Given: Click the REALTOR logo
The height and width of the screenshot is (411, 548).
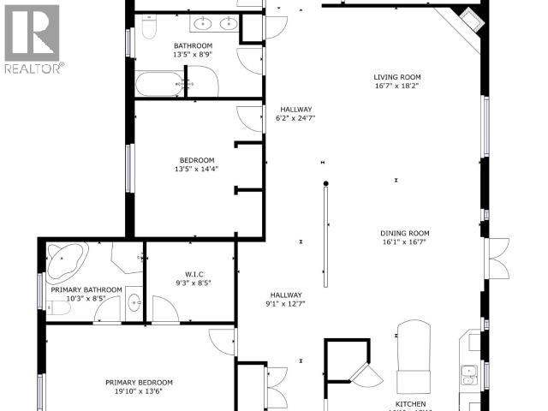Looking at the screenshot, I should pyautogui.click(x=32, y=39).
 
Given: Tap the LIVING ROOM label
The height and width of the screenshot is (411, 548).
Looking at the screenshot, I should pyautogui.click(x=396, y=76).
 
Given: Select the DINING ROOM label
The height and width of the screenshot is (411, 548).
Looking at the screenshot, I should pyautogui.click(x=405, y=233).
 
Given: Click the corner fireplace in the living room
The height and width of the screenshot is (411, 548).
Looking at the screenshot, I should pyautogui.click(x=462, y=18).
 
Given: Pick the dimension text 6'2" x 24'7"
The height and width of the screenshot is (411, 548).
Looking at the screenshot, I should pyautogui.click(x=295, y=119).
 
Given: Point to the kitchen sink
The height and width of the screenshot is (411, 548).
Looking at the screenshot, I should pyautogui.click(x=469, y=373).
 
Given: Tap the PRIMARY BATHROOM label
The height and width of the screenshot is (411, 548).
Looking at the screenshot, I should pyautogui.click(x=86, y=289).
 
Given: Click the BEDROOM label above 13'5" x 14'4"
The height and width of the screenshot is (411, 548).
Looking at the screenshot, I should pyautogui.click(x=193, y=159).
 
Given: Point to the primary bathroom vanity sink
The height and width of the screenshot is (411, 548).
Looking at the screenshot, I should pyautogui.click(x=134, y=301).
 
